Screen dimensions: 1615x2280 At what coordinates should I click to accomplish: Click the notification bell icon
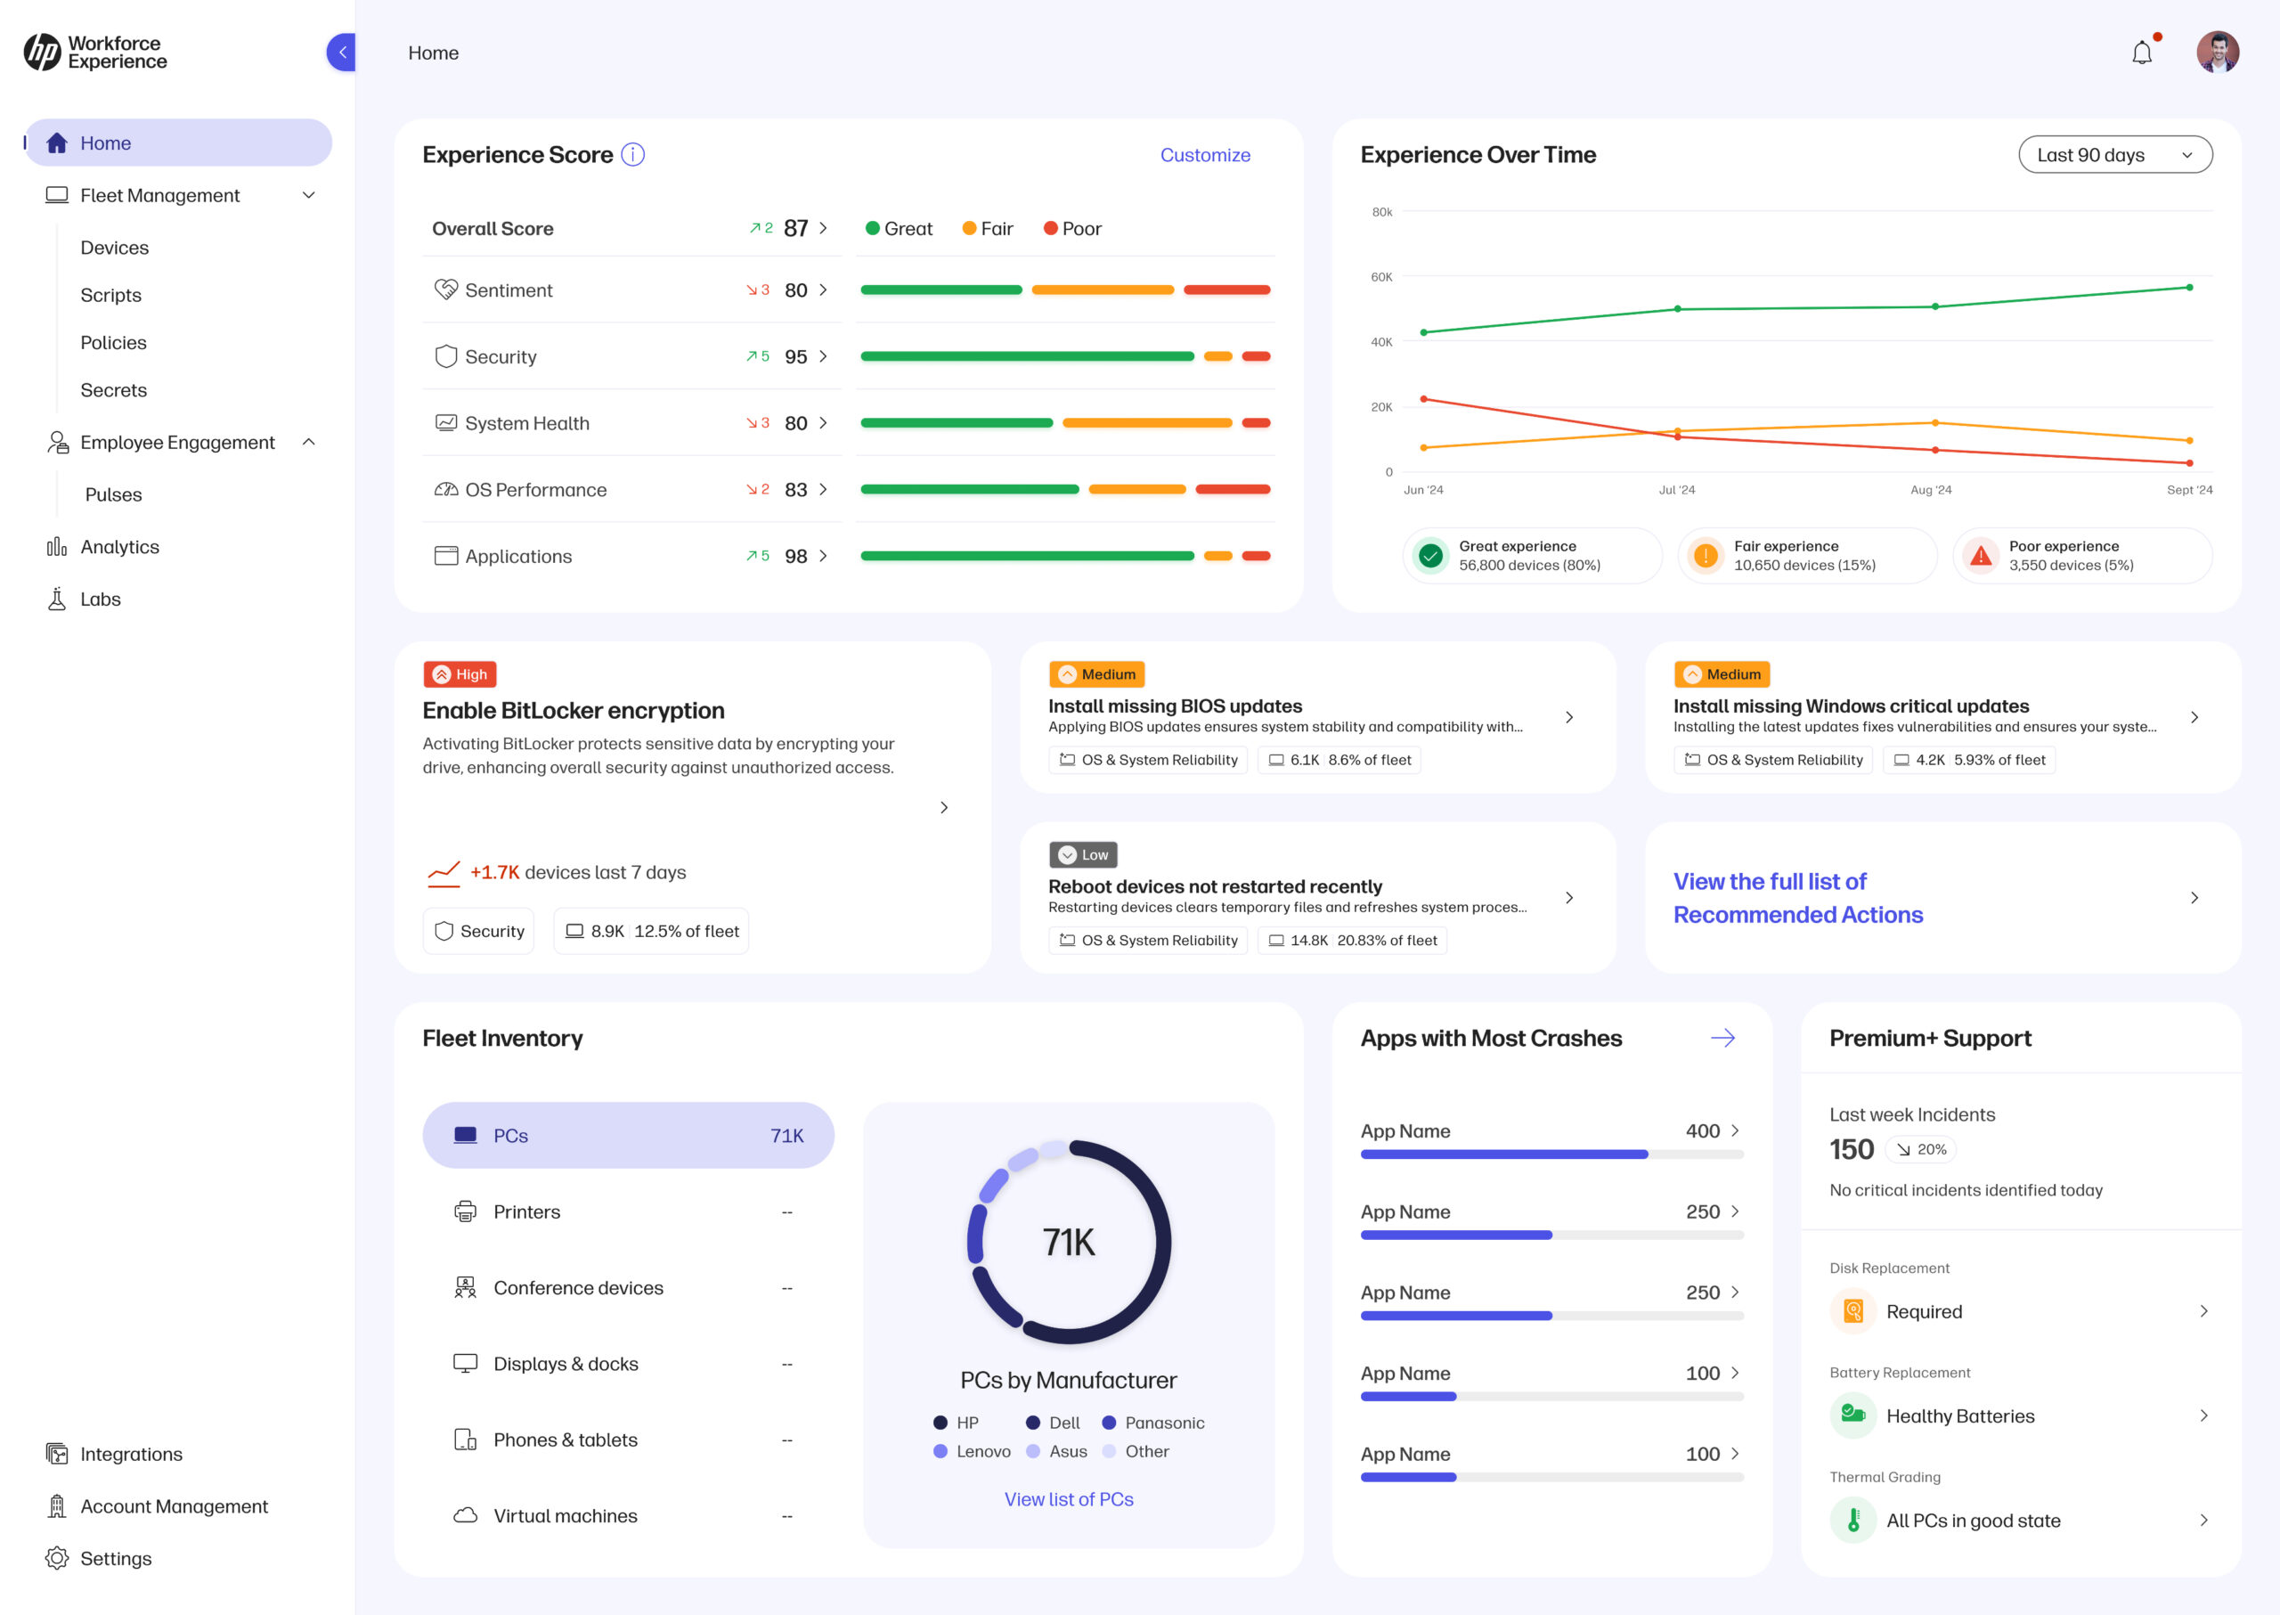(x=2142, y=53)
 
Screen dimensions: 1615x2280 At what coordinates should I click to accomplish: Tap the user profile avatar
(x=2217, y=53)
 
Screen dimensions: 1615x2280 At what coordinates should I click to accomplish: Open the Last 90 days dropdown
(x=2114, y=155)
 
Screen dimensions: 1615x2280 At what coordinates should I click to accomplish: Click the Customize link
(x=1204, y=155)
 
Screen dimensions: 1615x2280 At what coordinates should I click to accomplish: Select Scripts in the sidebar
(x=111, y=296)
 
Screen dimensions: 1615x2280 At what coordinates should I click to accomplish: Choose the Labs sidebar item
(x=101, y=599)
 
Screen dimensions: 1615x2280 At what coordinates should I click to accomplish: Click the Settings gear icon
(x=58, y=1558)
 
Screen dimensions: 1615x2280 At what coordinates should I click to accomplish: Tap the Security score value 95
(x=795, y=357)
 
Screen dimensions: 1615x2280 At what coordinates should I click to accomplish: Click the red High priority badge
(x=460, y=674)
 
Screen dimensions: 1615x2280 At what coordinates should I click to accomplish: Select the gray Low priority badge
(x=1083, y=855)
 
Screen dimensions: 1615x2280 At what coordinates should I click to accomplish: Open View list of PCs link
(x=1068, y=1498)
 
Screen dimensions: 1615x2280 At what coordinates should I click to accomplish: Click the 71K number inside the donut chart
(x=1068, y=1242)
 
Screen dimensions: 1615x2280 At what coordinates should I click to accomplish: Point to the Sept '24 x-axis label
(x=2188, y=490)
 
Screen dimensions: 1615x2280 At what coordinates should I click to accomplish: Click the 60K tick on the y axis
(x=1381, y=277)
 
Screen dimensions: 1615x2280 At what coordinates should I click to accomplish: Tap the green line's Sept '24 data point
(x=2188, y=288)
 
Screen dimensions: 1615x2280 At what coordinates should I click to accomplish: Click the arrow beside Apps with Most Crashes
(x=1722, y=1039)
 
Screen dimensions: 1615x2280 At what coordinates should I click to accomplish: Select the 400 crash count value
(x=1701, y=1130)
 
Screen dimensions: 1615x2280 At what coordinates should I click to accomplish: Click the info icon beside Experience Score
(x=632, y=155)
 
